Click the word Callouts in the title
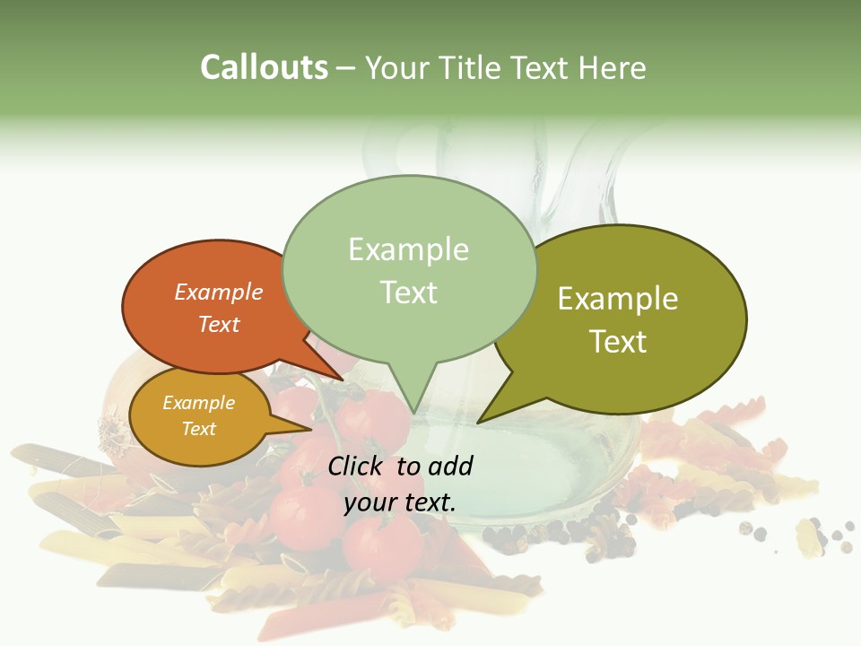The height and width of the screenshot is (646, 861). [264, 67]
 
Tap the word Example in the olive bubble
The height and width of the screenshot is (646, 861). [618, 299]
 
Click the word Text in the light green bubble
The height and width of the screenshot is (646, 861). [409, 292]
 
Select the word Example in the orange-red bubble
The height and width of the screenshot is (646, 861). [219, 292]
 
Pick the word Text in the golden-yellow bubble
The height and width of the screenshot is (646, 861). [199, 429]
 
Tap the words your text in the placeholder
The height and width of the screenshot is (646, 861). [400, 502]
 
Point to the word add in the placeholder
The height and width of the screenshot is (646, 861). [451, 466]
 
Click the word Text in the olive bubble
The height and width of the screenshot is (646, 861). [619, 342]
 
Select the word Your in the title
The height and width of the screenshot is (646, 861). [395, 67]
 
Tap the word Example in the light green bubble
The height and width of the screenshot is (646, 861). [409, 249]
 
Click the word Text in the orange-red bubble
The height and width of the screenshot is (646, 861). [219, 324]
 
